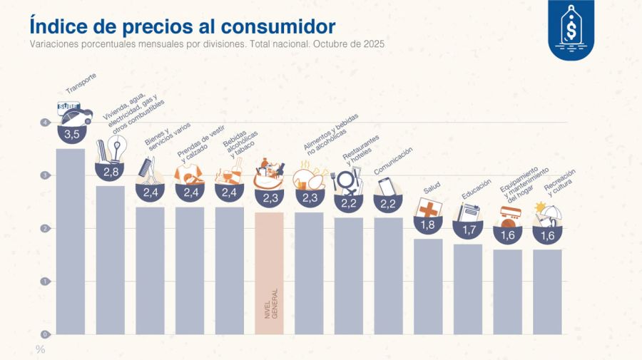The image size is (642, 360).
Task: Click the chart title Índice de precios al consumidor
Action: point(182,26)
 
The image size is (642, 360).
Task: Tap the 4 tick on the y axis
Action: point(45,123)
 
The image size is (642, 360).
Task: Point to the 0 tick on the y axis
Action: point(45,334)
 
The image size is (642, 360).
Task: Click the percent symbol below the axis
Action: point(40,349)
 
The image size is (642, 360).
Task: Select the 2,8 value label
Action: point(111,172)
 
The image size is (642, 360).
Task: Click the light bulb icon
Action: point(116,148)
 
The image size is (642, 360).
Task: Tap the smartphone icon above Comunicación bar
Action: point(386,186)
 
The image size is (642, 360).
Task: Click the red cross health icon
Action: point(429,209)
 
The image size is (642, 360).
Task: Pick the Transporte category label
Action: point(81,84)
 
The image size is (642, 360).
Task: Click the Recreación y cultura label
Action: point(559,183)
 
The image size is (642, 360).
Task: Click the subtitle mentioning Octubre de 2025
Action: point(207,43)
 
